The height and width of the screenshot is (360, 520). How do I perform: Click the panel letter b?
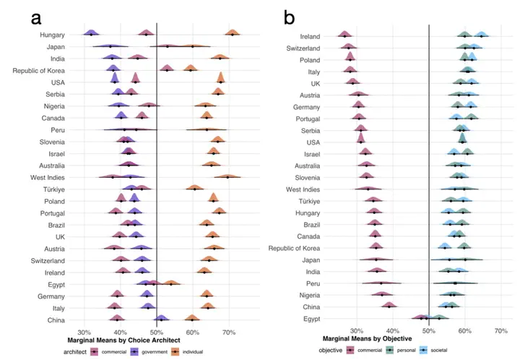point(290,17)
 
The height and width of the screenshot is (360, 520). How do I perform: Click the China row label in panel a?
point(56,319)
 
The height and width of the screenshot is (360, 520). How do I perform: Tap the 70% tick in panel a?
point(229,332)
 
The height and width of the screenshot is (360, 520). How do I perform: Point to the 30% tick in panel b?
point(357,331)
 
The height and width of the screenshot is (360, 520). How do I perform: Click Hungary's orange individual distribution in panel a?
point(232,33)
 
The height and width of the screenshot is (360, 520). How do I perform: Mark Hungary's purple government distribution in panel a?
point(91,33)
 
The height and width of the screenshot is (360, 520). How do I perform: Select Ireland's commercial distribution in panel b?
point(344,35)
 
